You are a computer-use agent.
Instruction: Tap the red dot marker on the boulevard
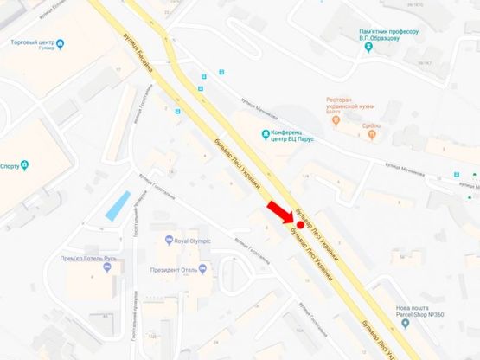tap(299, 225)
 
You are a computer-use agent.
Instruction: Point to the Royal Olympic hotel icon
tap(168, 241)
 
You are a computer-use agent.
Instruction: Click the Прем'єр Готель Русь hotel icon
tap(107, 267)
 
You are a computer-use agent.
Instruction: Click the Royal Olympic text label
tap(192, 241)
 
